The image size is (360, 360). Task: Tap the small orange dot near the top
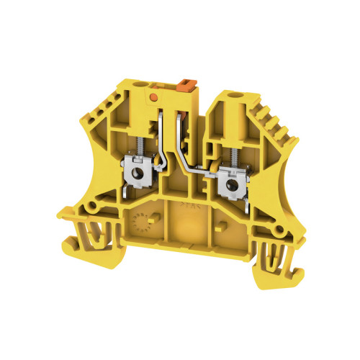(152, 94)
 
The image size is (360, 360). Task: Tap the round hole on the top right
(233, 95)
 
